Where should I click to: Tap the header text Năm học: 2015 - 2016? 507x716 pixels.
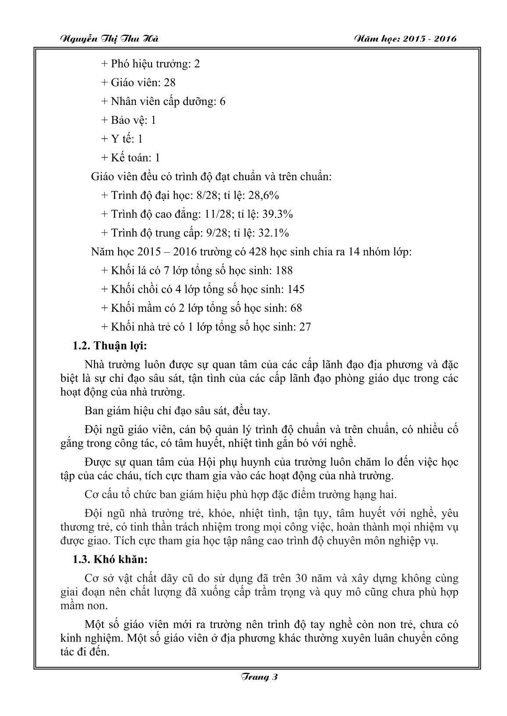point(405,38)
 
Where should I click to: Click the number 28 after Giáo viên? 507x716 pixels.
point(169,82)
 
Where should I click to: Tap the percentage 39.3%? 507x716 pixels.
point(278,214)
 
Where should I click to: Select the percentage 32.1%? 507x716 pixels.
point(274,233)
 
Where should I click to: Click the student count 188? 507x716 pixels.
point(284,270)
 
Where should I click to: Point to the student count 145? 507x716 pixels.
point(296,289)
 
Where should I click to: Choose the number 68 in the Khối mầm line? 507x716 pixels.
point(296,308)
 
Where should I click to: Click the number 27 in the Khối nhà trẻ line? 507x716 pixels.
point(305,327)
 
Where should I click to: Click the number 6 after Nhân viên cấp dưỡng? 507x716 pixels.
point(222,101)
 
